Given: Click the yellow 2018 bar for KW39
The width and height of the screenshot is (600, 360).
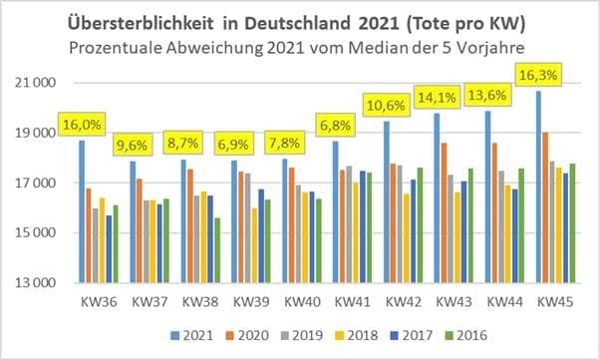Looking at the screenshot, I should point(253,245).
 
